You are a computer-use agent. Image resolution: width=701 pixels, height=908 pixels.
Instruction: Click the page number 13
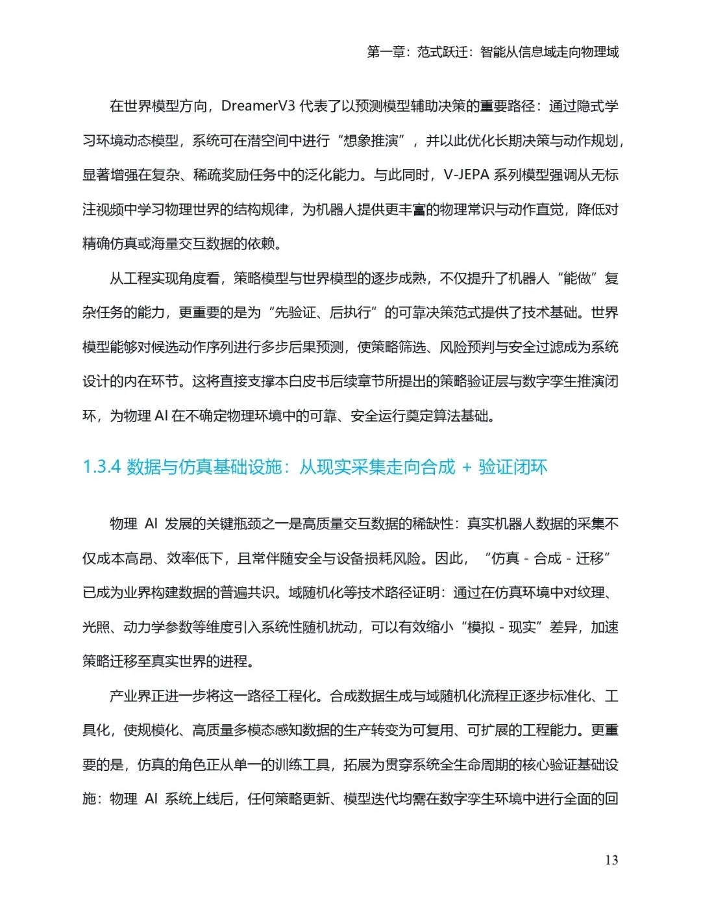pos(611,860)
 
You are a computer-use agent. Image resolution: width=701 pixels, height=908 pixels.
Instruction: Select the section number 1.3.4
pos(102,467)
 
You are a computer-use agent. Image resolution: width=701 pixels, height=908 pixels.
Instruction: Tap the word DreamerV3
pos(258,106)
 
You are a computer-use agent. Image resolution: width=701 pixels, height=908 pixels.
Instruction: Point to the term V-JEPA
pos(467,175)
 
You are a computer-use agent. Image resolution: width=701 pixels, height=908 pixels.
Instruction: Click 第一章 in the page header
pos(387,52)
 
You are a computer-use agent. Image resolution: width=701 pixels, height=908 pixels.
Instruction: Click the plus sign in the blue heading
pos(467,468)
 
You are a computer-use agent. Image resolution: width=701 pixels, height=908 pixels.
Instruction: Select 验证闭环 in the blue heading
pos(513,467)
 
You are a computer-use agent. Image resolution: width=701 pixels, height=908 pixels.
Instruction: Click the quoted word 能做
pos(577,279)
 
